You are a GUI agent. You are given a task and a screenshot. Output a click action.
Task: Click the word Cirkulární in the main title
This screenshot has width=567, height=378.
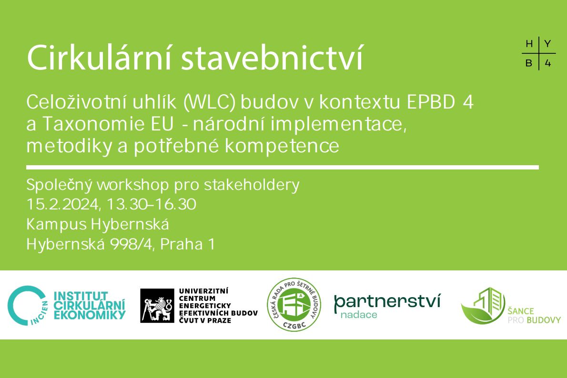pos(99,58)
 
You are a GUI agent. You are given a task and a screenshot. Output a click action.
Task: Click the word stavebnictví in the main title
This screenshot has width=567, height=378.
pos(272,58)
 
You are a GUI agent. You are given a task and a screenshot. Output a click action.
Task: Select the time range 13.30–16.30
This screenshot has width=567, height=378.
pos(152,205)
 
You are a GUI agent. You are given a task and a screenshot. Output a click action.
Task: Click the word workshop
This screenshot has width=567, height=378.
pos(132,185)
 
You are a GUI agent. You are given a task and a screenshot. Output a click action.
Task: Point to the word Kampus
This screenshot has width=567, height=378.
pos(56,225)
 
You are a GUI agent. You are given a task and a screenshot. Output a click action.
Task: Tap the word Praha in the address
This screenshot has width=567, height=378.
pos(182,245)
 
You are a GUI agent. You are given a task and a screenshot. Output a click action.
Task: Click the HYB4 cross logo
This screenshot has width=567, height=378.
pos(539,53)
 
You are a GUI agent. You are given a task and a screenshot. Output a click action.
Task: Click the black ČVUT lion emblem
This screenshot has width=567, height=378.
pos(157,306)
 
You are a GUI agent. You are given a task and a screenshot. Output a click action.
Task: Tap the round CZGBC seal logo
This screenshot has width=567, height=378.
pos(294,305)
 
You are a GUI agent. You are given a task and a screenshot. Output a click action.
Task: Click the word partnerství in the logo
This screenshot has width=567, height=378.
pos(387,302)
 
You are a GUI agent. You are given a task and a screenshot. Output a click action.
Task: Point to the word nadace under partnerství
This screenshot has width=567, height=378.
pos(359,315)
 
